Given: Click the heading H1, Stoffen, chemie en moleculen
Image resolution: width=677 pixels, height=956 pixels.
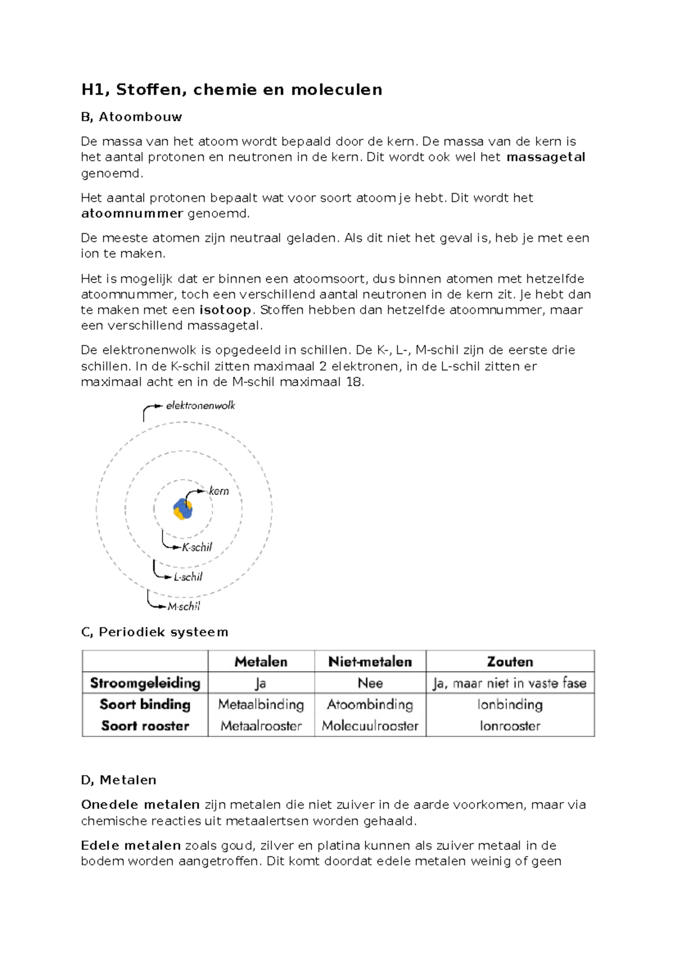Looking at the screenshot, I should [231, 90].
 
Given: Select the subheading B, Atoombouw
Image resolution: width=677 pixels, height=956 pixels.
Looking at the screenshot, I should [131, 117].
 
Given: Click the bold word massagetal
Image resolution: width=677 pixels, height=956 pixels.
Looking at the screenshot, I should [546, 157].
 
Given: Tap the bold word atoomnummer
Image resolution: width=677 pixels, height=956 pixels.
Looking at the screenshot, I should [132, 214].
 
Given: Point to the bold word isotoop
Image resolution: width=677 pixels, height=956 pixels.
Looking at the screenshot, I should [225, 310].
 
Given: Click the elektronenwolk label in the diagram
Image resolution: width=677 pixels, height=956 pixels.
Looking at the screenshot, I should [200, 405].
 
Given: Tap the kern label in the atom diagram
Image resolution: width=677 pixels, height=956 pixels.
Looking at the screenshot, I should [219, 491].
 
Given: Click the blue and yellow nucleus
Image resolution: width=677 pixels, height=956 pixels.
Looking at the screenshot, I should [183, 508].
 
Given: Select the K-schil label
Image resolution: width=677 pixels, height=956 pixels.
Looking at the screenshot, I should [197, 547].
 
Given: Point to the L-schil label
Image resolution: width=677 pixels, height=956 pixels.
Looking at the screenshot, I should [188, 577].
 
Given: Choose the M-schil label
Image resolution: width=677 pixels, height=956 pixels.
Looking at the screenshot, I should [184, 607].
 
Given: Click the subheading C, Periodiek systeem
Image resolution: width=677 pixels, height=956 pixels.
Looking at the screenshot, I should [155, 632].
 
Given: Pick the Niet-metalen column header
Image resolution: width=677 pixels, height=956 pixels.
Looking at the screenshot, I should [370, 662].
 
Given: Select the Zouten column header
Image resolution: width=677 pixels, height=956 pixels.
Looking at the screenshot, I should [510, 662].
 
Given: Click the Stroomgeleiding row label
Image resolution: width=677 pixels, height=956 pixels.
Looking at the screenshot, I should [145, 683].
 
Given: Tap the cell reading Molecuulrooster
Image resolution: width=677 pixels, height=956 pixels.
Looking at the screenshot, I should [370, 726].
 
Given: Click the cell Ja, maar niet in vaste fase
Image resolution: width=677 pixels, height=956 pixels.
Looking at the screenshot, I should [510, 683].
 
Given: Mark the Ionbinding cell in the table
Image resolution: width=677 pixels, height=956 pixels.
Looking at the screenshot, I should [510, 705].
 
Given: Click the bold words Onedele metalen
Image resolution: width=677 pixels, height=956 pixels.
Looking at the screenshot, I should [140, 805].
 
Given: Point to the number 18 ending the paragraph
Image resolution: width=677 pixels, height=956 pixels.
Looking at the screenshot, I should [354, 382].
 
